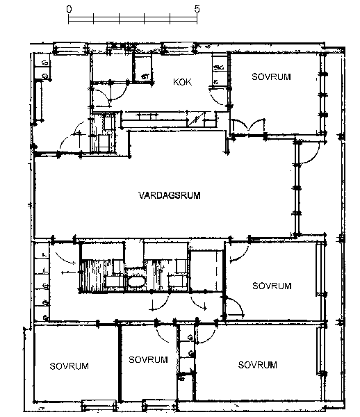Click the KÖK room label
182,81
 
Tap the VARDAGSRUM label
170,195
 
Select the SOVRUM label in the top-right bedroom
271,76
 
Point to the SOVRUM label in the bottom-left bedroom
69,366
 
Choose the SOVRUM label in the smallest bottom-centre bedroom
148,359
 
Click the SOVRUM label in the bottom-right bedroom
257,365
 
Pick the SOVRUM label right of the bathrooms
272,286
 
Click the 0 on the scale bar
69,9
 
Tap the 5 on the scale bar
197,9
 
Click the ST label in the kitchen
145,77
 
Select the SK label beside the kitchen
218,67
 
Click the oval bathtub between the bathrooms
136,281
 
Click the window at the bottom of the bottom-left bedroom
99,407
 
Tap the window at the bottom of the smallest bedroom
159,407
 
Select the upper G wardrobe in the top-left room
45,63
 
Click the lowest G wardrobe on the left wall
45,318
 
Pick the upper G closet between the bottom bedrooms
190,338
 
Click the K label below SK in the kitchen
216,83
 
